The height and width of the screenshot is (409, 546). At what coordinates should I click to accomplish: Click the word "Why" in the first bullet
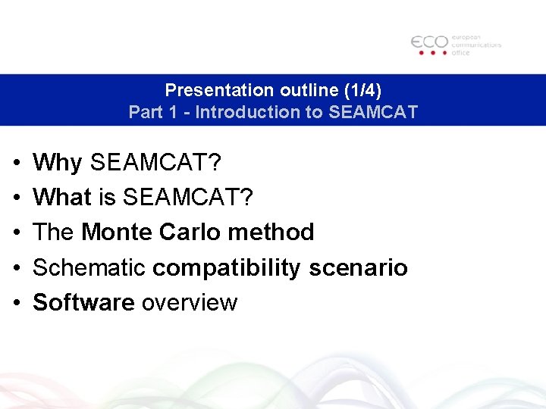tap(58, 162)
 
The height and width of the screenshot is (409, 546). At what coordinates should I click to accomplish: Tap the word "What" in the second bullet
tap(62, 198)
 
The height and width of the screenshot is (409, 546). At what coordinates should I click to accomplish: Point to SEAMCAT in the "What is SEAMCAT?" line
tap(188, 198)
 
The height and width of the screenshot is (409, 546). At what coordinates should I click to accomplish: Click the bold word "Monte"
tap(117, 232)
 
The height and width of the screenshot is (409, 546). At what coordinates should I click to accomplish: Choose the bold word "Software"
tap(83, 302)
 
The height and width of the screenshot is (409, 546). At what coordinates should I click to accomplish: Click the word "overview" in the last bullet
tap(190, 302)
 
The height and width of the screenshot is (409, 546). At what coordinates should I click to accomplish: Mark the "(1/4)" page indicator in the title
tap(362, 90)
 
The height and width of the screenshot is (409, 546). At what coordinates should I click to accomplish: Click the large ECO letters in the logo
tap(429, 42)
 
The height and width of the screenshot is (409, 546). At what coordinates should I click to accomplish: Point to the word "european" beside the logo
tap(466, 36)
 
